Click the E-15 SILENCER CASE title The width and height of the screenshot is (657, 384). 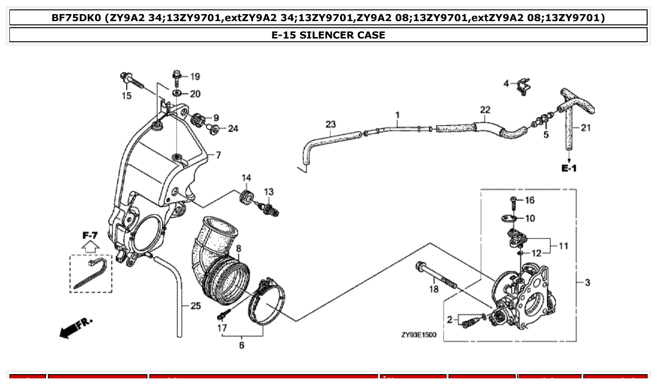328,35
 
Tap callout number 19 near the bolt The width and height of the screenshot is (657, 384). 194,77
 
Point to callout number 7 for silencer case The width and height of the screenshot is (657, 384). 217,155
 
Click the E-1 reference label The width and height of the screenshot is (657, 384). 569,168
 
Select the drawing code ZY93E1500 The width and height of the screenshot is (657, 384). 418,335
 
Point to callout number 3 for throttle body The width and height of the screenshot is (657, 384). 587,283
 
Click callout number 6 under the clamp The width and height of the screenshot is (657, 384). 241,345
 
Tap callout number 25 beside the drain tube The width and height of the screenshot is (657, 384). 195,306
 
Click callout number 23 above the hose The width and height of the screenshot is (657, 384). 331,124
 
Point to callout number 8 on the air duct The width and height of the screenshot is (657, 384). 238,248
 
